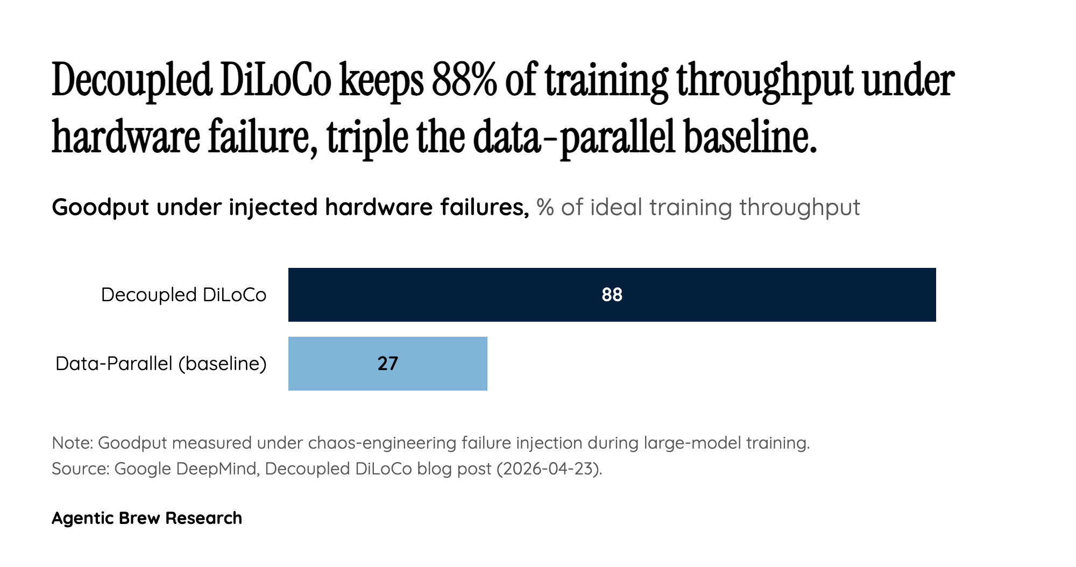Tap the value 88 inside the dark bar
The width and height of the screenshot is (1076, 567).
coord(612,295)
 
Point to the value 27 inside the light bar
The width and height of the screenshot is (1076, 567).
coord(387,364)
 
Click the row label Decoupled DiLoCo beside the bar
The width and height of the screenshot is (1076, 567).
coord(183,295)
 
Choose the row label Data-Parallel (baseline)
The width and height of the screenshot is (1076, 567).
coord(161,364)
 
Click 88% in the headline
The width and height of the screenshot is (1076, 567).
coord(464,81)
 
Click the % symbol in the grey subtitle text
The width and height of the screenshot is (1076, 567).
coord(545,208)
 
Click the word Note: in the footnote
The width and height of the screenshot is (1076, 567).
coord(73,443)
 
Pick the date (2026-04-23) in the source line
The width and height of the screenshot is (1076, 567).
coord(549,469)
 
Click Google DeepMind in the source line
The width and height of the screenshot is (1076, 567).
coord(187,469)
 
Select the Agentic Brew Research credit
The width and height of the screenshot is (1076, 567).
coord(147,518)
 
